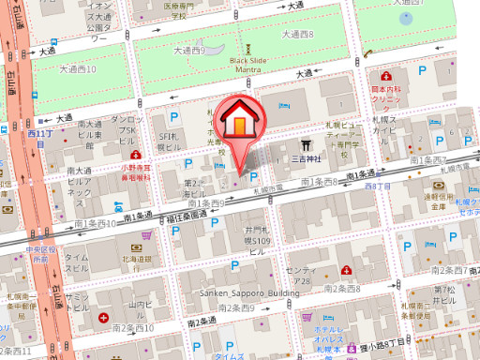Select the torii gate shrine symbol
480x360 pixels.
tap(306, 145)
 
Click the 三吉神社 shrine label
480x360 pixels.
tap(306, 159)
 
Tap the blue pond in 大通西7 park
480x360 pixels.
tap(406, 16)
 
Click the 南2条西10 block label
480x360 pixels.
tap(132, 328)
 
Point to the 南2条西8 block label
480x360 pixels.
tap(342, 288)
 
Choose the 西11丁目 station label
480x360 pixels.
tap(40, 136)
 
